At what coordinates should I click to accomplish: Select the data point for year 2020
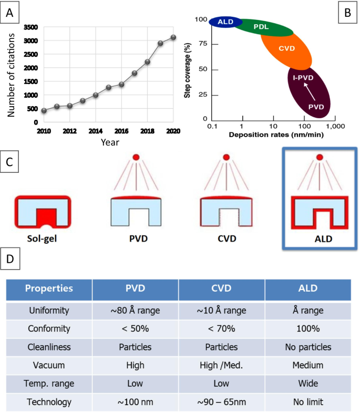(x=173, y=37)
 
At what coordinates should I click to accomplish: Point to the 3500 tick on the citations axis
(x=30, y=27)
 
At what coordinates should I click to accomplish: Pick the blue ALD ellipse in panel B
(x=225, y=22)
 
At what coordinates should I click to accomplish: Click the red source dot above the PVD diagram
(x=136, y=157)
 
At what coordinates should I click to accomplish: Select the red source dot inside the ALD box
(x=318, y=157)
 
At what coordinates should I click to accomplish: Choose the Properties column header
(x=49, y=289)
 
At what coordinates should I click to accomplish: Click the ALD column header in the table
(x=307, y=289)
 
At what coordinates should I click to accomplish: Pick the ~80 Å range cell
(x=135, y=311)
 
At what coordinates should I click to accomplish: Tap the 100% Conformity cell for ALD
(x=307, y=329)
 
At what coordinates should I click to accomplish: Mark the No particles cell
(x=307, y=347)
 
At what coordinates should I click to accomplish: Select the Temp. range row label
(x=49, y=383)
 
